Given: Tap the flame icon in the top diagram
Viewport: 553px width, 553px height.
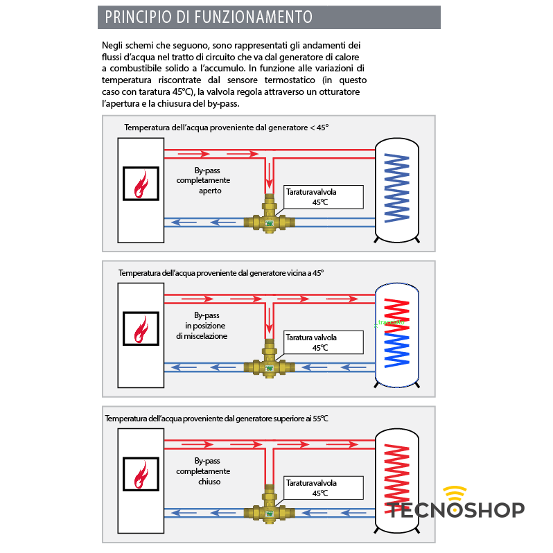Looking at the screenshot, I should coord(141,184).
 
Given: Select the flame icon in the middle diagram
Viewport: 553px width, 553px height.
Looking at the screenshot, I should coord(141,329).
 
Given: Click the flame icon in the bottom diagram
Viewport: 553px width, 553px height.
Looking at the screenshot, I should coord(141,475).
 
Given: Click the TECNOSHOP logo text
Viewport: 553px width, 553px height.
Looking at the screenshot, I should coord(457,511).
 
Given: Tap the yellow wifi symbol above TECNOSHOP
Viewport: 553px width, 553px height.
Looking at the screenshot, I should coord(456,493).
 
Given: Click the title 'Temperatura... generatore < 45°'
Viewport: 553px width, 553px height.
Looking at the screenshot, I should coord(226,128).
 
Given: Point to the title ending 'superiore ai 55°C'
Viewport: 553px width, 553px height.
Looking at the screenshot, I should coord(216,419).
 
